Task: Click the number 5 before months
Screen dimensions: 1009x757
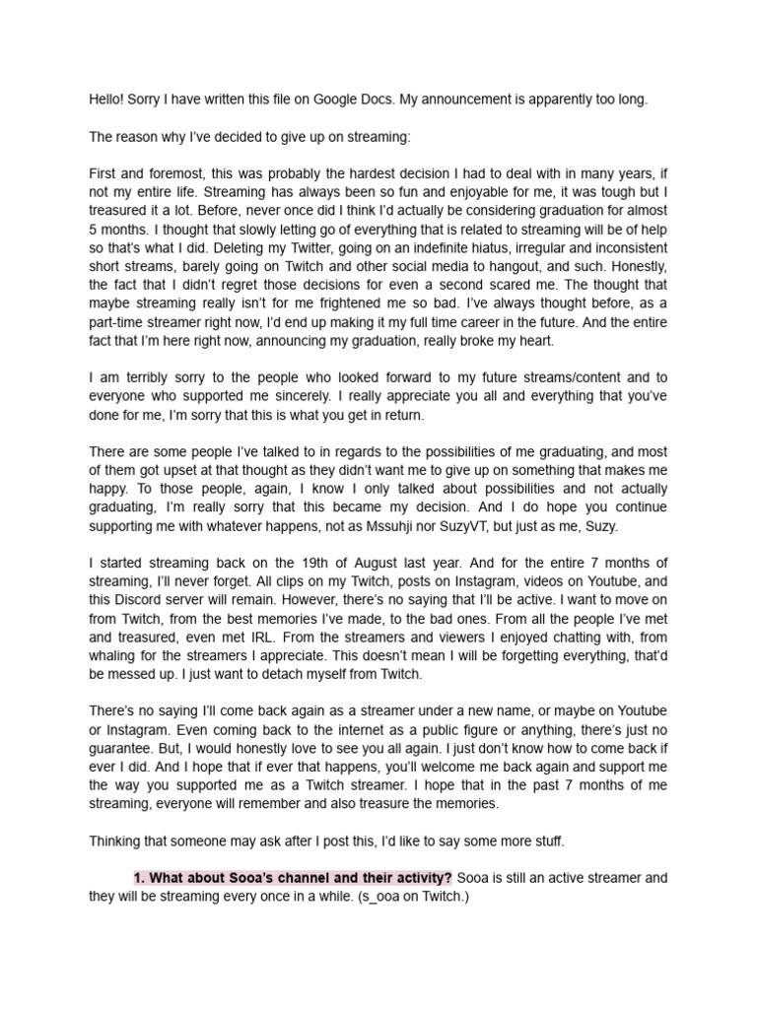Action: click(x=93, y=229)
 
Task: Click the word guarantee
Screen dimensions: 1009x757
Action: click(x=122, y=747)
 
